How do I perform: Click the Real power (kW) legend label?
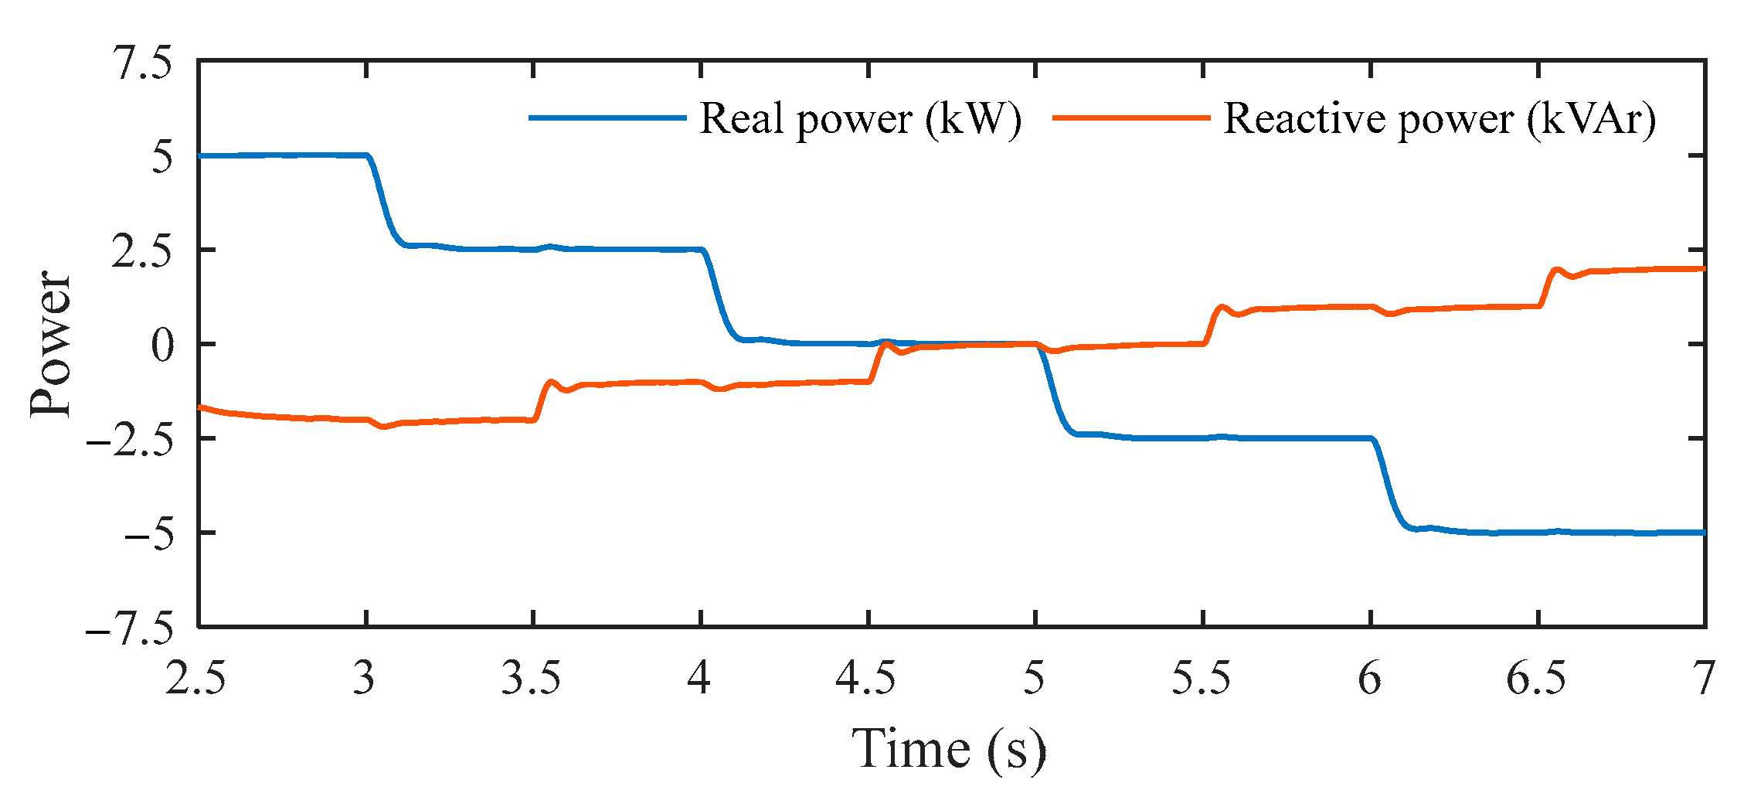point(860,119)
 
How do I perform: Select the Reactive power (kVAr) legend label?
point(1440,119)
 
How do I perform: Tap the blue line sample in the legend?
point(607,118)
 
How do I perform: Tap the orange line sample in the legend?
point(1131,118)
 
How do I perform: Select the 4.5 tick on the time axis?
point(867,679)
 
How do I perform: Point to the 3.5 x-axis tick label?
point(532,679)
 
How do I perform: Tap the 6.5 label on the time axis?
point(1537,679)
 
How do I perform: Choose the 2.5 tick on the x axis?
point(196,679)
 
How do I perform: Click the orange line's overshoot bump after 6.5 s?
point(1556,271)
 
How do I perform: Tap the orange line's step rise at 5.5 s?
point(1212,321)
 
